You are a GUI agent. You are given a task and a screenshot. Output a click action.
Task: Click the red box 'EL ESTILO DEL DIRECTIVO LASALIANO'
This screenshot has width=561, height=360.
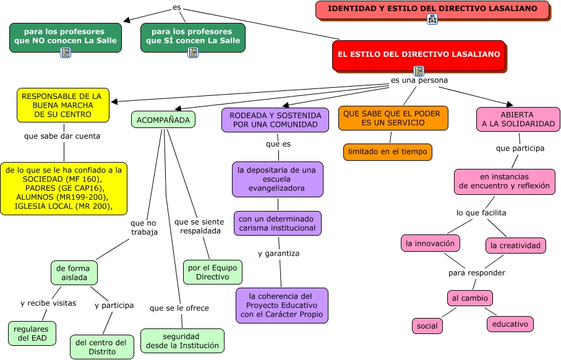point(419,54)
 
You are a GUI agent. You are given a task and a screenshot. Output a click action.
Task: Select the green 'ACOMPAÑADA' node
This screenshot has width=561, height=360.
point(163,119)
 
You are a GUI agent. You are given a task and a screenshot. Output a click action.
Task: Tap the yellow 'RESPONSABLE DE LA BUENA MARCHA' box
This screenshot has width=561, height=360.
point(62,105)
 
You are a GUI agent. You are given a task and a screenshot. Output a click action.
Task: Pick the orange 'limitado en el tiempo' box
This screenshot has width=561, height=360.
point(387,152)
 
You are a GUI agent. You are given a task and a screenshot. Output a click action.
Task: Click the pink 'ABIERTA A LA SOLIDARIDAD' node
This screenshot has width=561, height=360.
point(518,119)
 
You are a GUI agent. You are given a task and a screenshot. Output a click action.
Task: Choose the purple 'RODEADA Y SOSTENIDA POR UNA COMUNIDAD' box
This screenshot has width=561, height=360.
point(275,119)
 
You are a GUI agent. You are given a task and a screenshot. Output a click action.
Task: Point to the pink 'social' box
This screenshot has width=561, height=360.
point(427,325)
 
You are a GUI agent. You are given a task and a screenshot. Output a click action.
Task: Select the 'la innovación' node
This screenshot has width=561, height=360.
point(430,243)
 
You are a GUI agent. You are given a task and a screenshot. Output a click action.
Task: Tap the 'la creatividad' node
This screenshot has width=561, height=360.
point(515,246)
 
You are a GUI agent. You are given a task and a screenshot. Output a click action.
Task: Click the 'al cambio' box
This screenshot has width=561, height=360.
point(469,298)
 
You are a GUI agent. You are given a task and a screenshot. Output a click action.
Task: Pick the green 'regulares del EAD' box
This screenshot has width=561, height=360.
point(32,333)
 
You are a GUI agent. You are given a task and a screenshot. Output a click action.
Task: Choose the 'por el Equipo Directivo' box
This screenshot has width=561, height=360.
point(212,272)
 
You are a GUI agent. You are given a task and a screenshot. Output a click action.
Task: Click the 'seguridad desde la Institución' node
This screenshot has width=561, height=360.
point(182,341)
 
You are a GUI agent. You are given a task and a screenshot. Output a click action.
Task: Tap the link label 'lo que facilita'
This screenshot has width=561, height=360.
point(481,213)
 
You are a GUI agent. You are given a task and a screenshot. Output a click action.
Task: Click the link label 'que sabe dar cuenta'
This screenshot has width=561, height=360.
point(62,136)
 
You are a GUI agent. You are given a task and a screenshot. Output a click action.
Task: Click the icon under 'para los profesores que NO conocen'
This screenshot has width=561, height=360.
point(66,53)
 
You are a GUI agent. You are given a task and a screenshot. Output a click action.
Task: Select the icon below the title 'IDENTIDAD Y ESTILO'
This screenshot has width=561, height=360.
point(432,20)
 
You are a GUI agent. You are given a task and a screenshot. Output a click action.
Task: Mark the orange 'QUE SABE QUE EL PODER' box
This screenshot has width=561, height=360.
point(393,118)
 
